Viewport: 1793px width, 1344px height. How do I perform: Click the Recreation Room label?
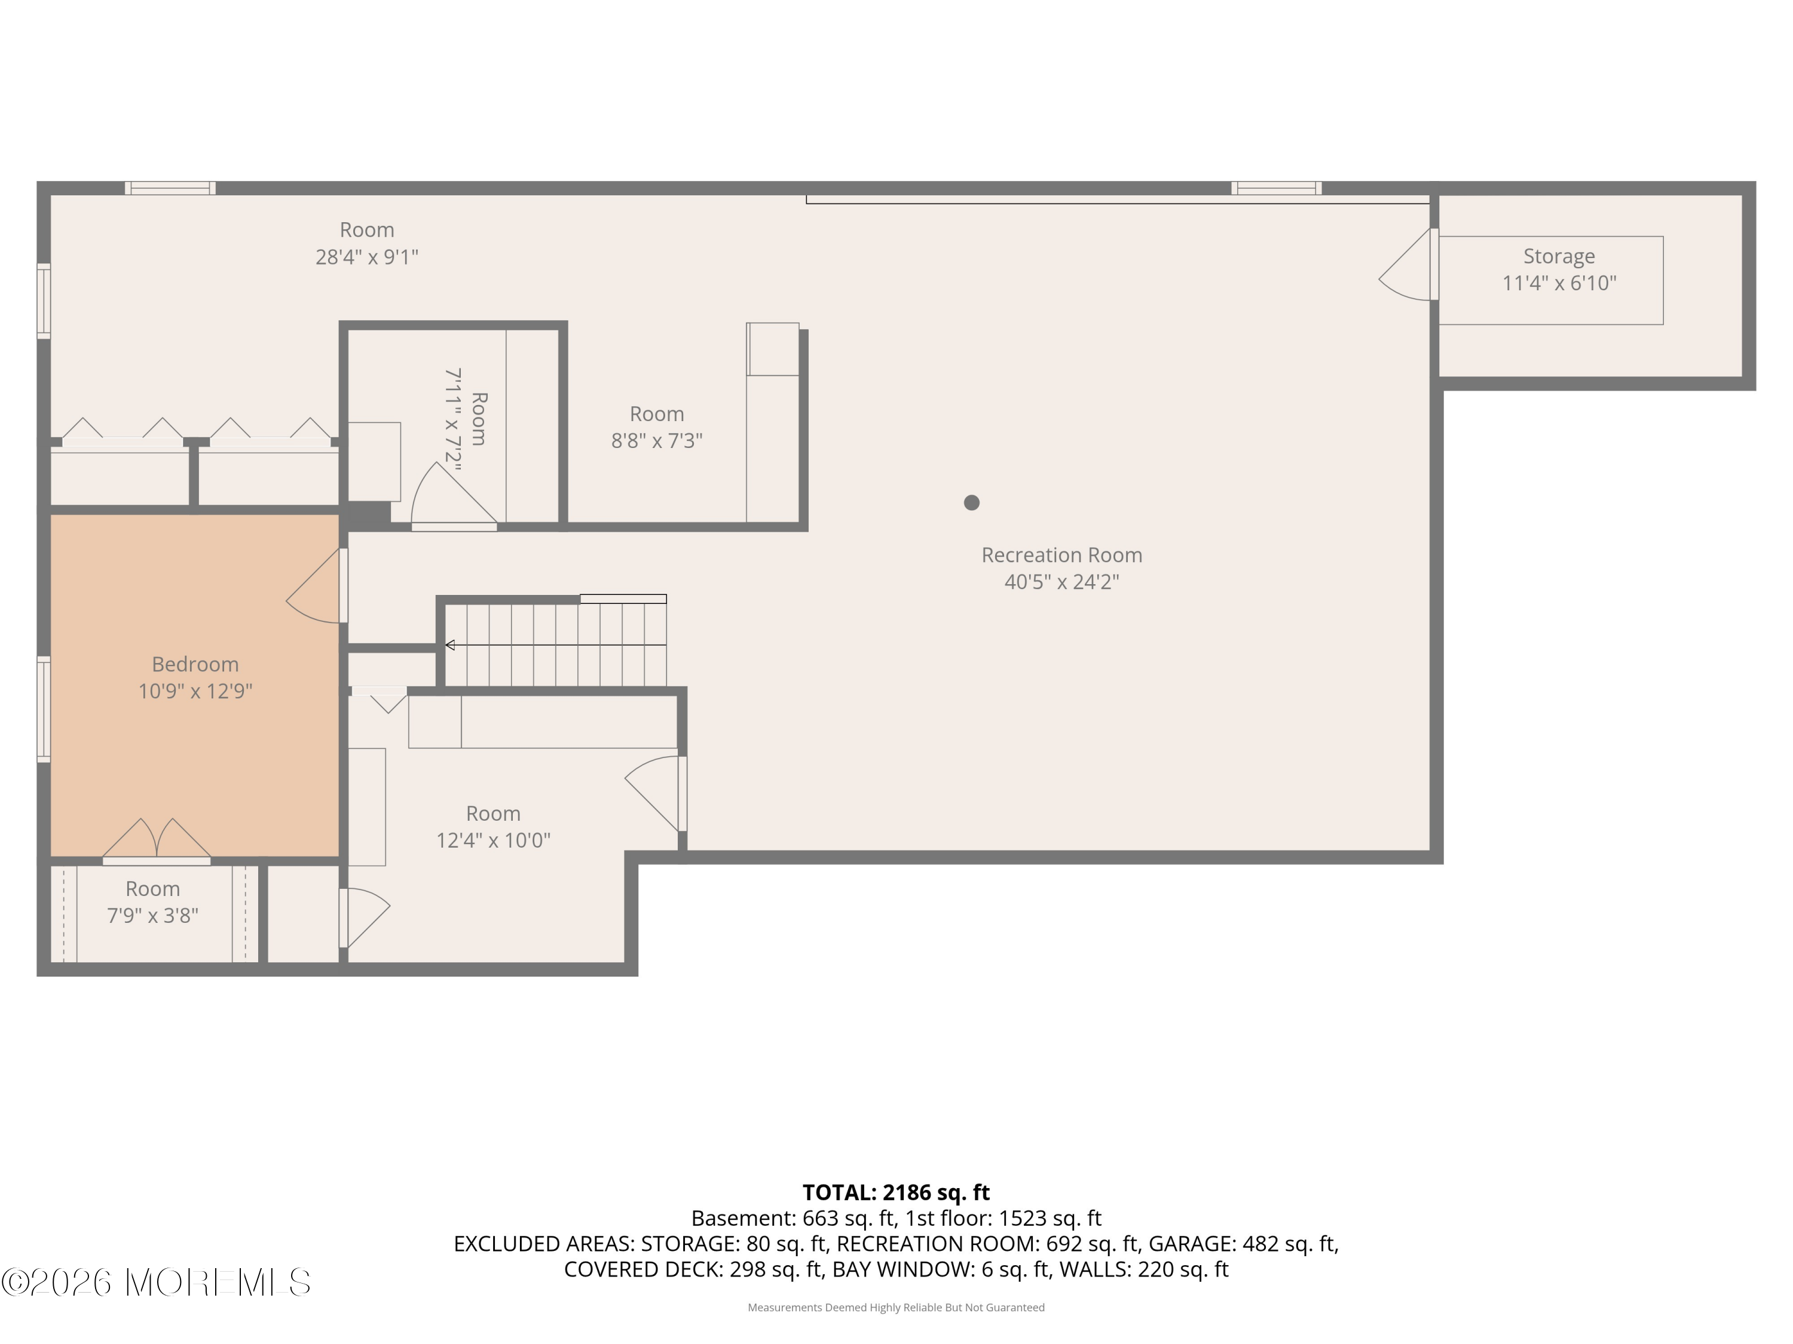click(x=1062, y=555)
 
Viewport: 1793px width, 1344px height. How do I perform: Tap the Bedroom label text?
click(x=195, y=664)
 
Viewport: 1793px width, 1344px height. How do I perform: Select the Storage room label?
click(x=1559, y=256)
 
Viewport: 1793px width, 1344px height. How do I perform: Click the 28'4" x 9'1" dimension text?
click(x=367, y=257)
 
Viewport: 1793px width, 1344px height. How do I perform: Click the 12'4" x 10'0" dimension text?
click(x=494, y=840)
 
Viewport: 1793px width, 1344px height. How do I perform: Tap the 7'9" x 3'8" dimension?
click(x=152, y=916)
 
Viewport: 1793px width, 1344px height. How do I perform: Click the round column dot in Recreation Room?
click(x=972, y=502)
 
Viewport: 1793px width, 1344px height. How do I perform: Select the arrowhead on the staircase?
click(x=450, y=645)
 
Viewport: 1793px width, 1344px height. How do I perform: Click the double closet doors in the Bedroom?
click(x=157, y=839)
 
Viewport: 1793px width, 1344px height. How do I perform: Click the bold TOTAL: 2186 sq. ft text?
click(x=896, y=1192)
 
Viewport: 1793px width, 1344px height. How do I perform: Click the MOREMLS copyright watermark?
click(x=155, y=1282)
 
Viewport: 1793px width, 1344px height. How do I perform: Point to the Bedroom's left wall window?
click(x=44, y=709)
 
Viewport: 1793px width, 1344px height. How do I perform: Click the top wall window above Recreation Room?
click(x=1277, y=188)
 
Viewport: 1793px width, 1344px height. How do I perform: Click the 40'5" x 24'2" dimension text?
click(x=1062, y=582)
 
